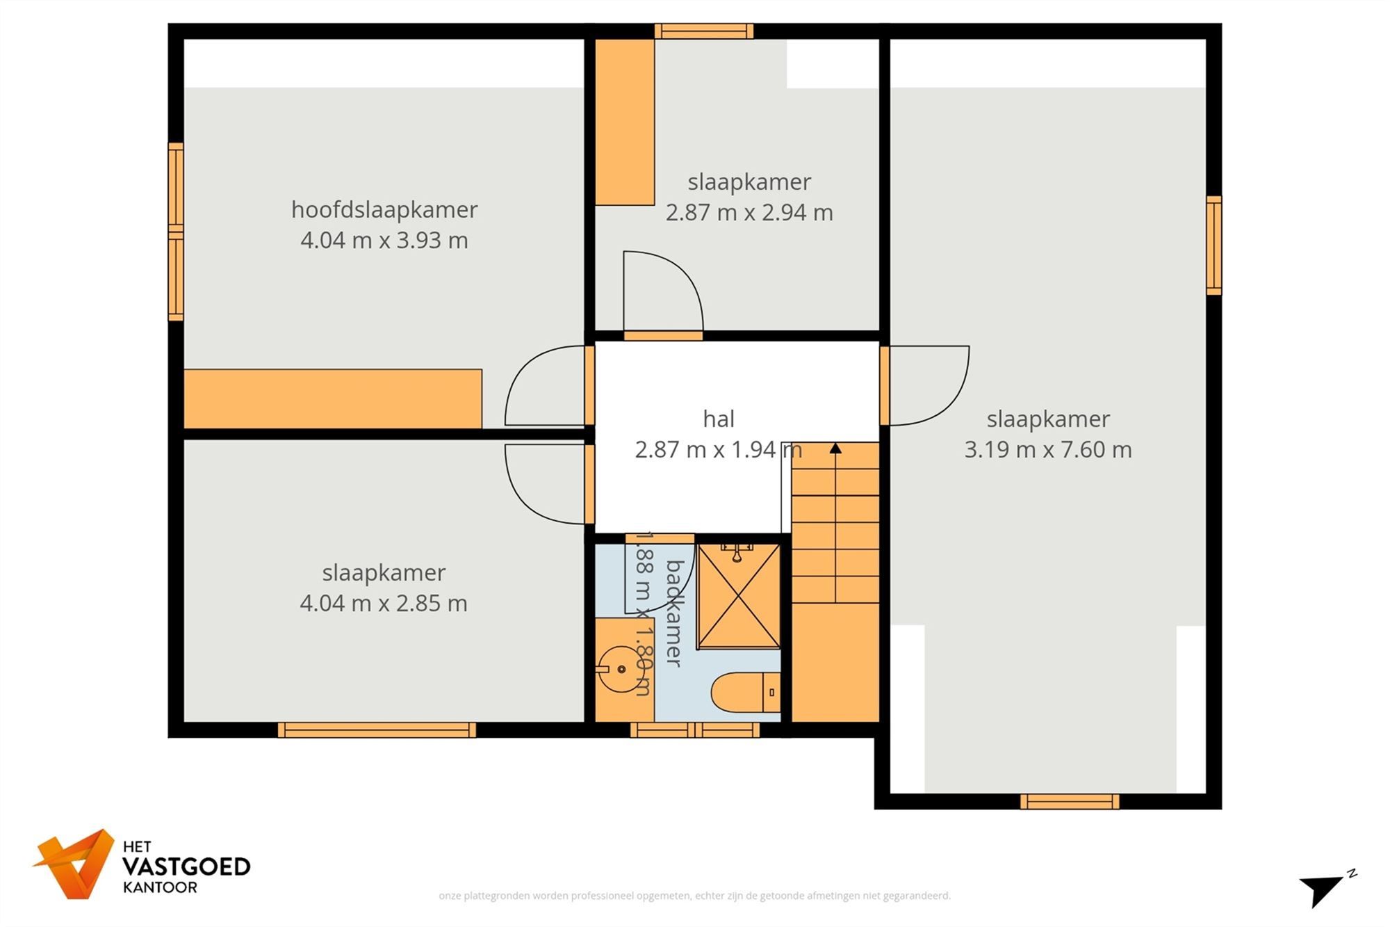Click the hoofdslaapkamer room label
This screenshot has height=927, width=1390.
pos(384,209)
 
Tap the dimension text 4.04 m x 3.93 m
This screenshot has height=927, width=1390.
pos(384,241)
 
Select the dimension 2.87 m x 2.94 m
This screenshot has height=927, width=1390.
pos(749,212)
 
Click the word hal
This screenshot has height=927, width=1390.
pos(718,419)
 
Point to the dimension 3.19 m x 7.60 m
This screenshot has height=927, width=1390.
pos(1047,449)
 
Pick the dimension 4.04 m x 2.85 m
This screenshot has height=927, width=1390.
pos(383,603)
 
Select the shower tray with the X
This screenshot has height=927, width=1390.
pos(739,597)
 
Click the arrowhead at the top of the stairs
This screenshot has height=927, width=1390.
pos(835,449)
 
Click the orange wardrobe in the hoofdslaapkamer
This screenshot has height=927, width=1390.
pos(332,398)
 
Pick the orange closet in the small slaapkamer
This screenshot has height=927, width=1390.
pos(625,122)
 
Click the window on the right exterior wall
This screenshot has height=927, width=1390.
pos(1213,245)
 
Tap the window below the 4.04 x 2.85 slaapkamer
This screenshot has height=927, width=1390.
pos(377,729)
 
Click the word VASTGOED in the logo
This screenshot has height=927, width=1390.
pos(186,866)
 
